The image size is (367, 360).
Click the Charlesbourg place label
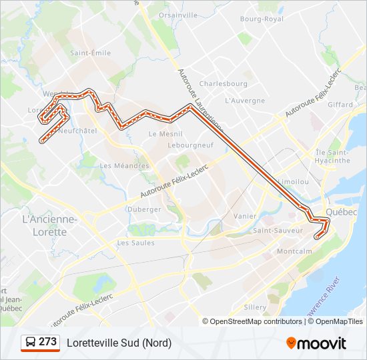pos(223,84)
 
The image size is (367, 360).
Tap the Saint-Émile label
pos(90,53)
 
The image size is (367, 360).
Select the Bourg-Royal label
pos(262,19)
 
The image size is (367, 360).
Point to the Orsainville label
pos(178,15)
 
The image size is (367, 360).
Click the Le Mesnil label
pos(161,133)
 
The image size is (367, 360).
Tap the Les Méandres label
pos(124,165)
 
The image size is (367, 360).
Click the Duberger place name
pos(144,209)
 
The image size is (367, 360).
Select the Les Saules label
pos(135,243)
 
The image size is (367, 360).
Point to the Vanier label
pos(245,216)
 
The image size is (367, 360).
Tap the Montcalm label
pos(294,251)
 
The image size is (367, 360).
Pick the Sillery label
pos(255,307)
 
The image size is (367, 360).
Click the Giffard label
pos(340,105)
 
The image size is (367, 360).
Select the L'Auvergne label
pos(245,101)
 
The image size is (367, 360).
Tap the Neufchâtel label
pos(78,131)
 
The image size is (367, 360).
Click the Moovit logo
pos(316,343)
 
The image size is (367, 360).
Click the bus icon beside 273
pos(31,342)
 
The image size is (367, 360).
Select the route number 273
pos(47,342)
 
